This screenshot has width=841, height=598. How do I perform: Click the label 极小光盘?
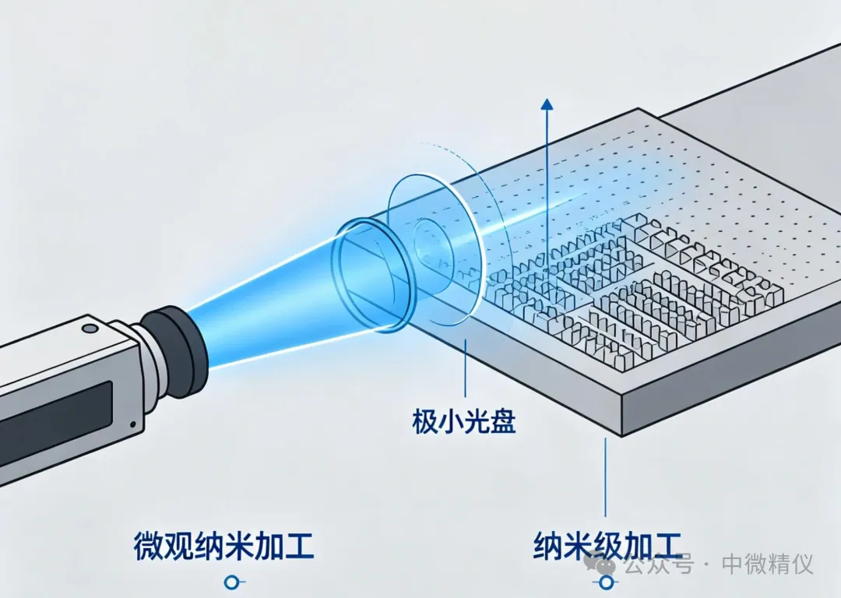(464, 421)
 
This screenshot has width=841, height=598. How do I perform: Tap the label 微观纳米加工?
(224, 547)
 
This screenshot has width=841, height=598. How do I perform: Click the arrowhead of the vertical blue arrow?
(547, 104)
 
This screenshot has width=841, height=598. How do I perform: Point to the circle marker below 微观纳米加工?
(231, 582)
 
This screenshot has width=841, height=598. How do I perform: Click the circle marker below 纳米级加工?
(607, 582)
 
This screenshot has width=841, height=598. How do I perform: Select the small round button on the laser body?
(89, 328)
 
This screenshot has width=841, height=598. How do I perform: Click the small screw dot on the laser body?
(132, 424)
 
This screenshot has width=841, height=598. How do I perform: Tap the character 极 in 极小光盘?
(425, 421)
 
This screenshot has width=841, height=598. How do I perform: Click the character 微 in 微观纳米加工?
(148, 547)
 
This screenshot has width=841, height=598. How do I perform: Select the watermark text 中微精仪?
(768, 565)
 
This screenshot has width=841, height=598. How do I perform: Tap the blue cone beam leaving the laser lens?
(268, 301)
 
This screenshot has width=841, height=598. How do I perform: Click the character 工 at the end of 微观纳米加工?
(300, 547)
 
